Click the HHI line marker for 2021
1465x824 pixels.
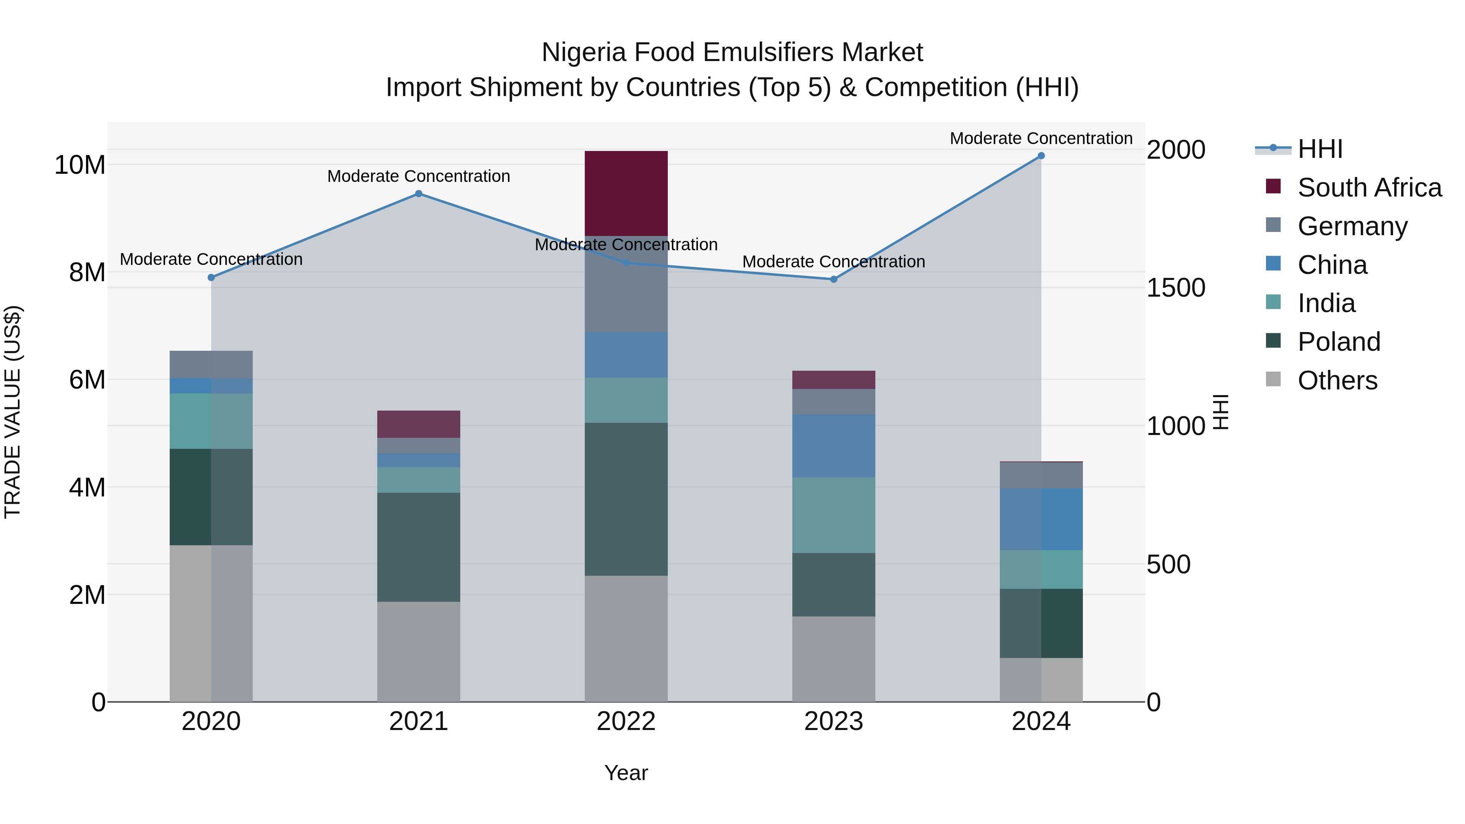pos(419,194)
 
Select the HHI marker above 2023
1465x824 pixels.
pos(834,279)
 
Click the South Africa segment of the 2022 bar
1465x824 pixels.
pos(626,193)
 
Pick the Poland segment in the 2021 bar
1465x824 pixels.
pos(419,547)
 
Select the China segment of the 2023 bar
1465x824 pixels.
pos(834,446)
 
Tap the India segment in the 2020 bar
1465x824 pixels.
pos(211,422)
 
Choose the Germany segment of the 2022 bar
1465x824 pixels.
pos(626,284)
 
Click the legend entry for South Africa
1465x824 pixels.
pos(1369,188)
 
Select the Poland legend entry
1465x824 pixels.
pos(1339,342)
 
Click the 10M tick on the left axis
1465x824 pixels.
pos(80,165)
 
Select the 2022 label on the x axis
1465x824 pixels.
pos(626,721)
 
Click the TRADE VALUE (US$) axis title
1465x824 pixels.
pos(13,412)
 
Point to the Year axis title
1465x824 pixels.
pos(626,773)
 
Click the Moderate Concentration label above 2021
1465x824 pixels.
pos(419,176)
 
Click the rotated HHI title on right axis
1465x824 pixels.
pos(1221,412)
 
